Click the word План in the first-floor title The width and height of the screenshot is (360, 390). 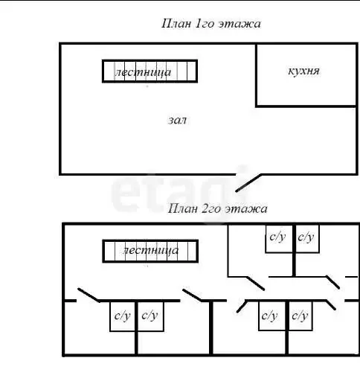pos(176,24)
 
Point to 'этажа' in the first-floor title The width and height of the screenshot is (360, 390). pos(240,24)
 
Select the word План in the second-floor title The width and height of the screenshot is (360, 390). pos(183,208)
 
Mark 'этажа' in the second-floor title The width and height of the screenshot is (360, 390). pos(246,208)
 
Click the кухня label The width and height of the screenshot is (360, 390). pos(303,71)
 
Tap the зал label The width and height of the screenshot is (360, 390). pos(177,120)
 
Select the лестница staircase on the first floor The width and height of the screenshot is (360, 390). pos(150,71)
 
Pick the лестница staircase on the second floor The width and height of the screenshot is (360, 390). pos(150,251)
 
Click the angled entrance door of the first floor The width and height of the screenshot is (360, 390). pos(248,183)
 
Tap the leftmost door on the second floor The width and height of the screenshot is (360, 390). pos(89,295)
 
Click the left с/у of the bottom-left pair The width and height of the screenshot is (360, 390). pos(123,316)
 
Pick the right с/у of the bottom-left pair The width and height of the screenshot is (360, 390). pos(150,316)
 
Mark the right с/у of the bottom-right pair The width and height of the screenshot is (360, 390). pos(300,316)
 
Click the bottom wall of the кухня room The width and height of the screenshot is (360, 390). pos(306,106)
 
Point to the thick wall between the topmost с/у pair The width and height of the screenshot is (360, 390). pos(294,250)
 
